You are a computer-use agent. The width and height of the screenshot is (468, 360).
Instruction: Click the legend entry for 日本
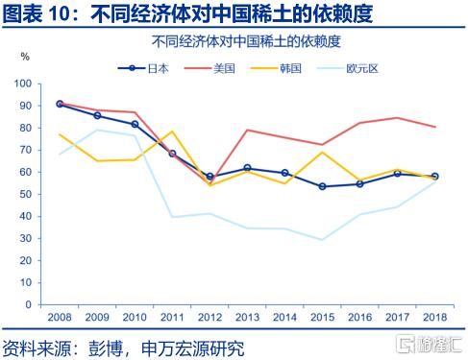pos(143,68)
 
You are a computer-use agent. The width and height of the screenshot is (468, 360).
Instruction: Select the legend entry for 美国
pos(209,68)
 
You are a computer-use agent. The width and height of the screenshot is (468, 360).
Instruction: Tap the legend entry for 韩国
pos(276,68)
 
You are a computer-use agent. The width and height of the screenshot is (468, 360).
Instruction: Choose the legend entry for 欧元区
pos(348,68)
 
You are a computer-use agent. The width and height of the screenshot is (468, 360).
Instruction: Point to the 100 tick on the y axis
pos(23,84)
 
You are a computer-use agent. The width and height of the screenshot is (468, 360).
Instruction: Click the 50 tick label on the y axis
pos(26,194)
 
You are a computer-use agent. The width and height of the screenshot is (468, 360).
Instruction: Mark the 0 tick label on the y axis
pos(29,304)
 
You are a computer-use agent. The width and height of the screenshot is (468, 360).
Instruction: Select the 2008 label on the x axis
pos(60,317)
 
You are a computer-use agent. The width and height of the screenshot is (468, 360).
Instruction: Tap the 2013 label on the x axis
pos(247,317)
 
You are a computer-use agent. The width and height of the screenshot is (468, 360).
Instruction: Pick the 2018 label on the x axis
pos(434,317)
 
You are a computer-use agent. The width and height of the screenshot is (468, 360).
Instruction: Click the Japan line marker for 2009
pos(97,115)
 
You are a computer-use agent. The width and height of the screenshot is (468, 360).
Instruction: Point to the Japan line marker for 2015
pos(322,186)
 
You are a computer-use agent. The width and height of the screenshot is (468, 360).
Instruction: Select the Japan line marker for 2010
pos(135,124)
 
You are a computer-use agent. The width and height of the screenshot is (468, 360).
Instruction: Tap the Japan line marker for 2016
pos(359,184)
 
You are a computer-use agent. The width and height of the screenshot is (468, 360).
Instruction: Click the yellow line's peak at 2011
pos(172,131)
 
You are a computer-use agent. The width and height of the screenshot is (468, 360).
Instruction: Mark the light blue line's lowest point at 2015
pos(322,239)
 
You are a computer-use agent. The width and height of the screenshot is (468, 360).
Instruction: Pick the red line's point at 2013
pos(247,130)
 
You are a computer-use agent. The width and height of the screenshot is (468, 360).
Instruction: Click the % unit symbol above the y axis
pos(25,57)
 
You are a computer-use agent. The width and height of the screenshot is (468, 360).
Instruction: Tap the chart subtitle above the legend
pos(246,41)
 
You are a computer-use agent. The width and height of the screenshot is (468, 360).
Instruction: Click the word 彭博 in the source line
pos(106,348)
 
